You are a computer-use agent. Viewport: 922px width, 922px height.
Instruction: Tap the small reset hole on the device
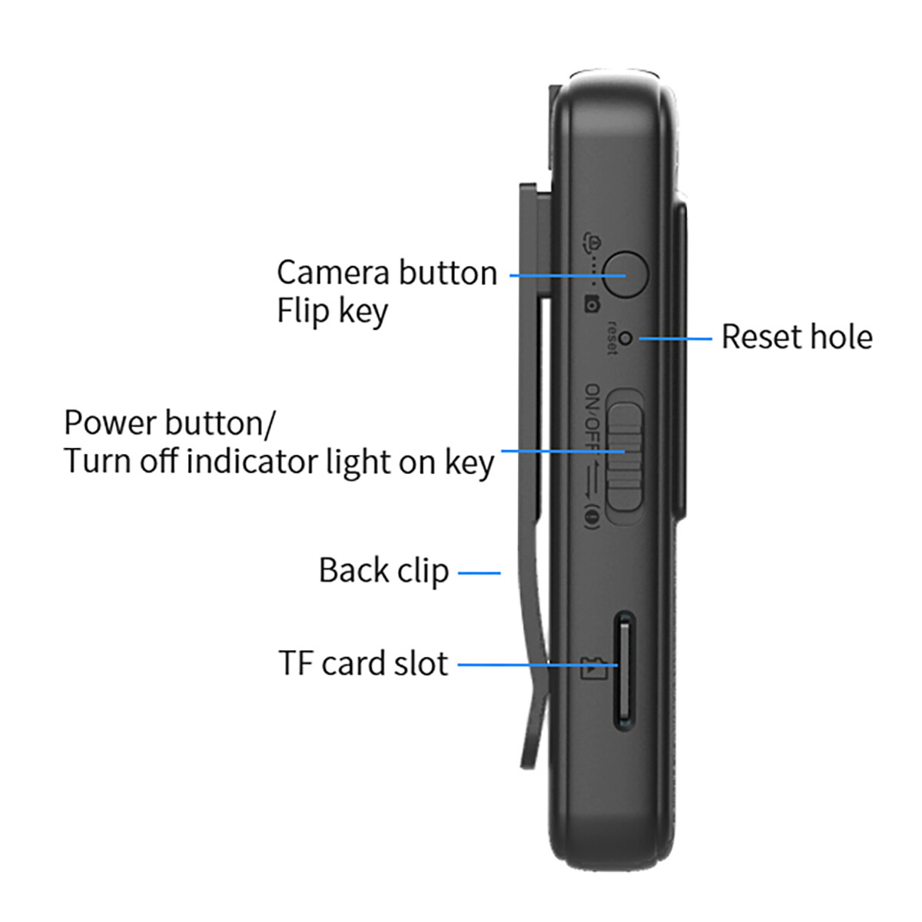click(625, 339)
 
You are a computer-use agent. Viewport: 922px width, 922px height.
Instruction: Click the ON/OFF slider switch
click(625, 457)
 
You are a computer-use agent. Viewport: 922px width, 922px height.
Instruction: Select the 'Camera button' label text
click(387, 273)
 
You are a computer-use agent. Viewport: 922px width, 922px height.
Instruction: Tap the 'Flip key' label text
click(332, 312)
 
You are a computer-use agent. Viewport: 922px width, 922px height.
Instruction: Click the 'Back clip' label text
click(383, 571)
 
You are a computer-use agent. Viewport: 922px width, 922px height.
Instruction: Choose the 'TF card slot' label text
click(363, 664)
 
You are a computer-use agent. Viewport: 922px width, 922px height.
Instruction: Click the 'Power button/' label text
click(169, 423)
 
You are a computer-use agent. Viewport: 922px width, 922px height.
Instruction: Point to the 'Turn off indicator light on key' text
click(278, 463)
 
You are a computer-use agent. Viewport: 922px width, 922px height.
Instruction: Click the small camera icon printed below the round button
click(593, 304)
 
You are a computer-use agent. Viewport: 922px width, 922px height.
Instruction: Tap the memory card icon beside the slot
click(593, 669)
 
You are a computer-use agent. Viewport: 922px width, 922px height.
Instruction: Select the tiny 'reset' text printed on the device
click(612, 338)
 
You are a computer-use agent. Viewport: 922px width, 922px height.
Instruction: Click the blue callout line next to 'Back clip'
click(479, 572)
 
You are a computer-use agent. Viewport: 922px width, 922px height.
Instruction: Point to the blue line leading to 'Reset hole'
click(675, 339)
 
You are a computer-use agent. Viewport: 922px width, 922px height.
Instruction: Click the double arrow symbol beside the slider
click(593, 476)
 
